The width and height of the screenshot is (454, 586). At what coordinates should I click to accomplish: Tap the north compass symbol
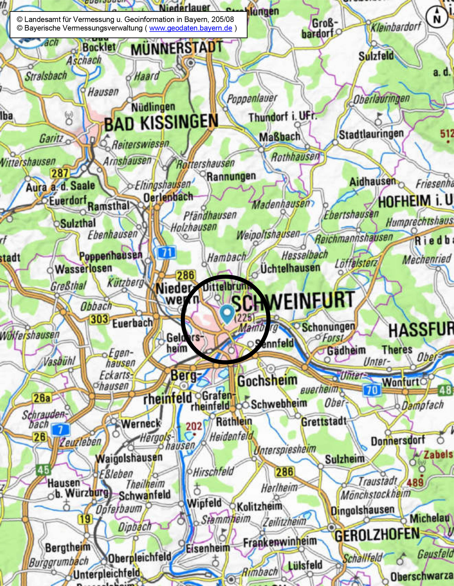pos(437,17)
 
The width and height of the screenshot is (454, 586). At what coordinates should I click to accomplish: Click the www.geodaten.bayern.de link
pos(191,28)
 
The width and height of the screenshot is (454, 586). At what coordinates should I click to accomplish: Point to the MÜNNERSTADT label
pos(177,49)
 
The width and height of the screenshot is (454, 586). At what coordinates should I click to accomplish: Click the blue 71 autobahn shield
pos(167,252)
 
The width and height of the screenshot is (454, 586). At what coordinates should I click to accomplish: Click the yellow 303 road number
pos(99,319)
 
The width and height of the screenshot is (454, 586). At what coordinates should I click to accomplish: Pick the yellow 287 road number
pos(60,173)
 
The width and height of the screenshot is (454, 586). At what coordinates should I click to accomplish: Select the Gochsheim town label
pos(267,381)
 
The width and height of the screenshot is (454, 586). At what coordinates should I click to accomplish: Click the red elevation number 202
pos(194,426)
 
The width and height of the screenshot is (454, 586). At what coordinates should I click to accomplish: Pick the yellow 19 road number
pos(85,519)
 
